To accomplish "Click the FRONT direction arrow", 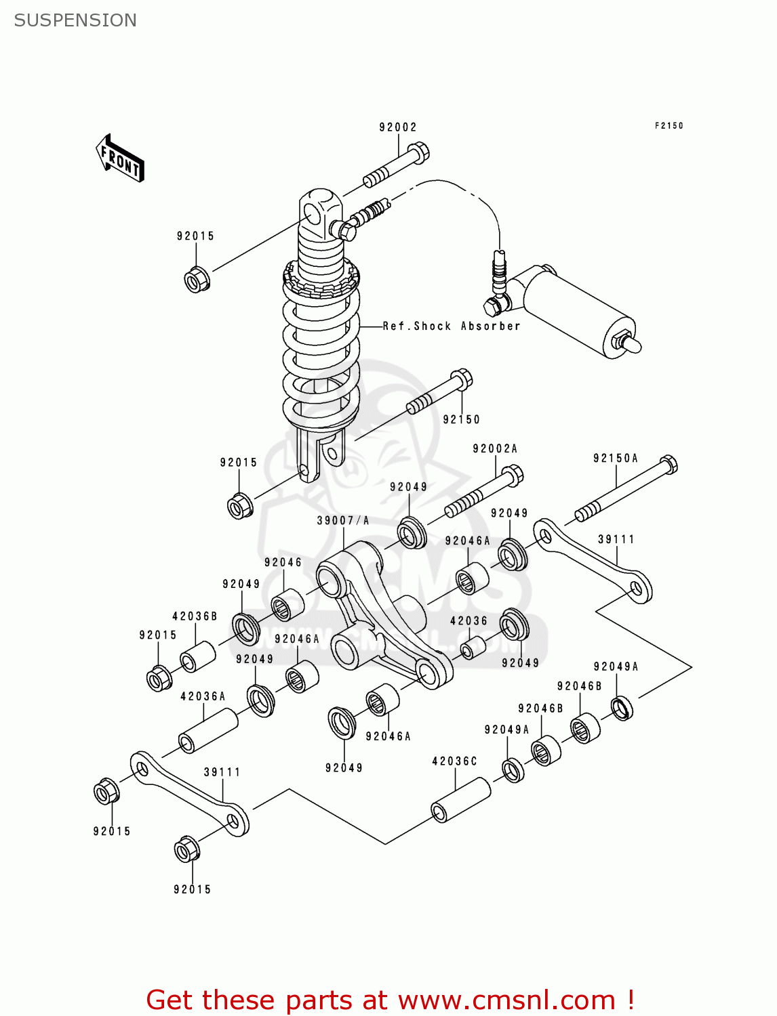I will [x=121, y=158].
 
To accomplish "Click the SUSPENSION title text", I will [x=75, y=20].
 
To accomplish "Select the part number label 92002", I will [x=398, y=127].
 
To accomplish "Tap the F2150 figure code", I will [x=669, y=125].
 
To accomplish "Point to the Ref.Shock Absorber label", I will [x=451, y=326].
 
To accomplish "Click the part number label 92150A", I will [x=616, y=459].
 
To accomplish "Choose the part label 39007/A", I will [x=343, y=520].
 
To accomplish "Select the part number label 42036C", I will [x=455, y=761].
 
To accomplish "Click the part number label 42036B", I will [x=195, y=616].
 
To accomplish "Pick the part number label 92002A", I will [x=495, y=448].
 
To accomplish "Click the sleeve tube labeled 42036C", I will [x=461, y=800].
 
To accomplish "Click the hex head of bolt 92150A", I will [x=668, y=465].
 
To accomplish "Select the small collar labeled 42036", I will [x=473, y=648].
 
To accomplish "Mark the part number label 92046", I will [x=283, y=562].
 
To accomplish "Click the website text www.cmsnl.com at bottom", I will [x=506, y=1000].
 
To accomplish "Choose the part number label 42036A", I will [x=203, y=696].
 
